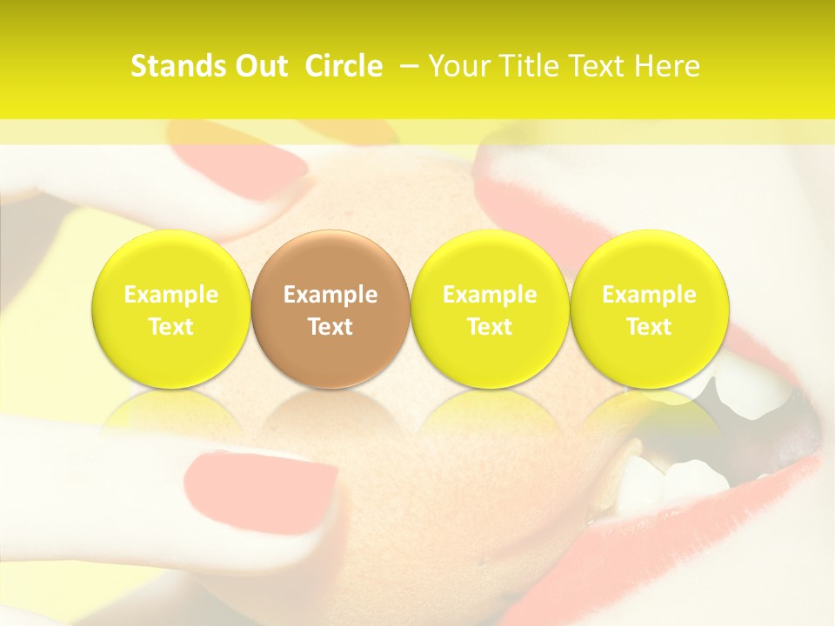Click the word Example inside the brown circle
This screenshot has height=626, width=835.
(x=331, y=295)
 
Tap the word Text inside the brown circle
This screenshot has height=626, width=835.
(x=331, y=327)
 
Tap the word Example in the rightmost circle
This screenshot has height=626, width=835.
(x=650, y=295)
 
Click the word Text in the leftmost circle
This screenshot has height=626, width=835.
(x=171, y=327)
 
